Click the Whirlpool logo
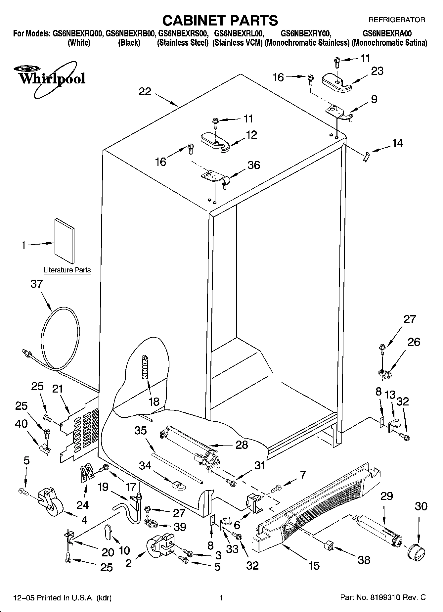(x=50, y=79)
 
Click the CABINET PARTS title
(x=220, y=21)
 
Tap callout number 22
(x=145, y=91)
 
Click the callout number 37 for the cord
(x=37, y=284)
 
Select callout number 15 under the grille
(x=314, y=565)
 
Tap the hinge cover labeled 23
(x=336, y=82)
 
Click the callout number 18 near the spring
(x=154, y=401)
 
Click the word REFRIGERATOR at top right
(x=397, y=20)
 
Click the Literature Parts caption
(x=67, y=270)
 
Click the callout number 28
(x=242, y=445)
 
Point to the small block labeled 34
(x=179, y=486)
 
